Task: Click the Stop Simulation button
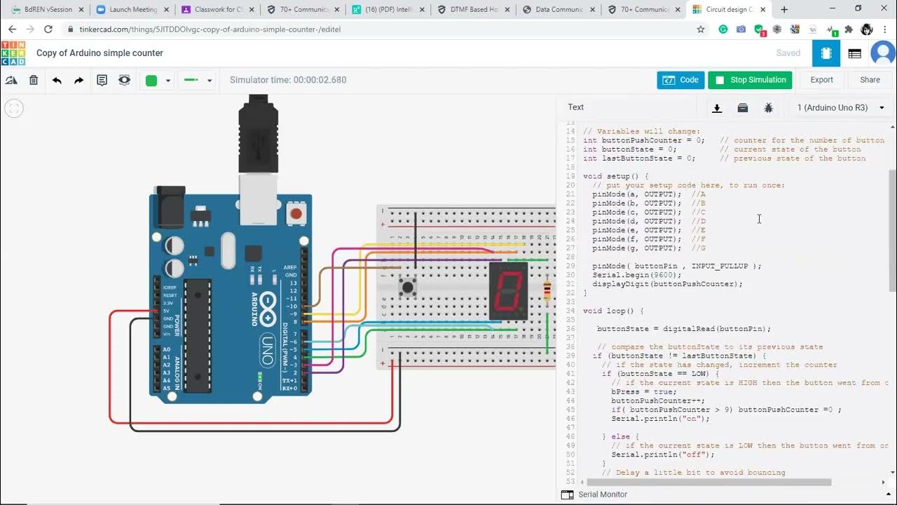(x=750, y=80)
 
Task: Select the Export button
(x=821, y=80)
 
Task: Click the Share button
(x=870, y=80)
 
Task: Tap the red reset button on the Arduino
(x=296, y=213)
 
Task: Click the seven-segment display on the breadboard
(x=508, y=290)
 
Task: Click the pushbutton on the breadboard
(x=407, y=286)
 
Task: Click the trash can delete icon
(x=34, y=80)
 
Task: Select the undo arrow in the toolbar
(x=57, y=80)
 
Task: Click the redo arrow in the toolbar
(x=79, y=80)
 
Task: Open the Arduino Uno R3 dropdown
(x=840, y=107)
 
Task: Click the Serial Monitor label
(x=602, y=494)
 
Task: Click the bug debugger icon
(x=769, y=107)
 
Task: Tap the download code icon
(x=717, y=107)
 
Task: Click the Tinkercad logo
(x=13, y=53)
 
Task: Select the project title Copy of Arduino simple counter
(x=100, y=53)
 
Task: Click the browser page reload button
(x=48, y=29)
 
